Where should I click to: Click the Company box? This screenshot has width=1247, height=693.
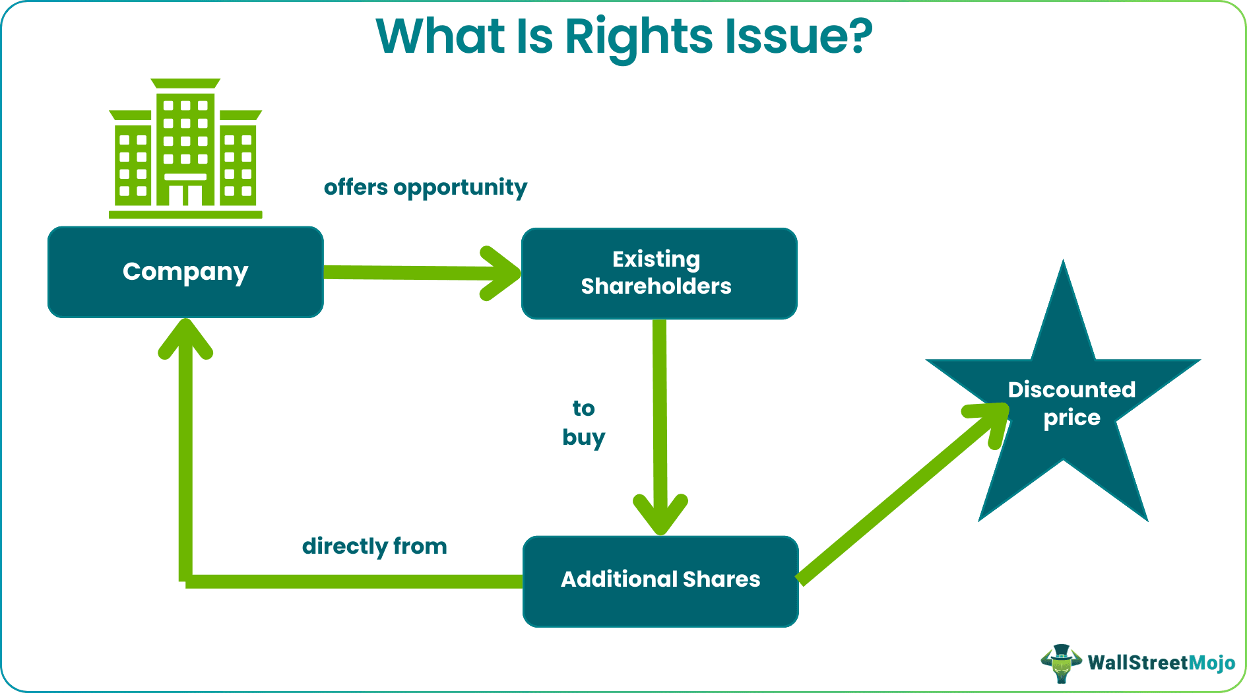pos(185,272)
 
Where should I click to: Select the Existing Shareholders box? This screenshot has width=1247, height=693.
pos(658,273)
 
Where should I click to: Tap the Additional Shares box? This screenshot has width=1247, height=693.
pos(660,581)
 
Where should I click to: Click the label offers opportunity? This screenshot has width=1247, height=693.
pos(425,187)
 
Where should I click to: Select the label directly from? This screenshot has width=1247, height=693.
pos(374,546)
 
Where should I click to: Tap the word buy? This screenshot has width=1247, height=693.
pos(583,438)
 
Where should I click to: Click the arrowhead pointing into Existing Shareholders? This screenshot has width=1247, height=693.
pos(501,273)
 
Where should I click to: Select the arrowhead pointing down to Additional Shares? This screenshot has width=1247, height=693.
pos(660,515)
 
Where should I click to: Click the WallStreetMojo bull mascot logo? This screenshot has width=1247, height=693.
pos(1061,663)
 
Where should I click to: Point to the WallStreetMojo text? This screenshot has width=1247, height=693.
pos(1161,663)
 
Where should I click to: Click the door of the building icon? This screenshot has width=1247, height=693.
pos(185,195)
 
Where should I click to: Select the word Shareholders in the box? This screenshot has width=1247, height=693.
pos(656,286)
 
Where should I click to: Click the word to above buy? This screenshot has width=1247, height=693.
pos(583,409)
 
